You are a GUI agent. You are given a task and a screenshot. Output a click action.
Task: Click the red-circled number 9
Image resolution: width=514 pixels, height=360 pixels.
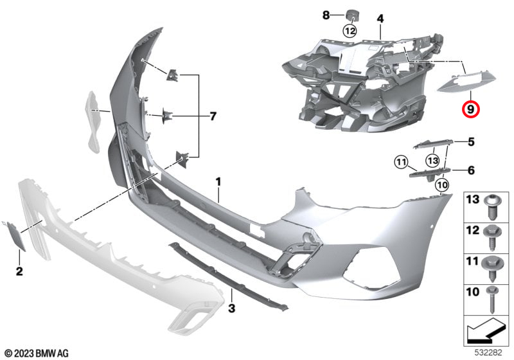470,109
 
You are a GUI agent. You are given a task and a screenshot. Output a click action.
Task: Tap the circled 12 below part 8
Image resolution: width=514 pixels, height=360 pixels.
350,31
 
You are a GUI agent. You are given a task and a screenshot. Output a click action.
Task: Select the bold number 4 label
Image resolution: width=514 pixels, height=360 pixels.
380,19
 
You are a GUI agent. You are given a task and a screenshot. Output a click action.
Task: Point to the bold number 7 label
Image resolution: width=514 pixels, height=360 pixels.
213,116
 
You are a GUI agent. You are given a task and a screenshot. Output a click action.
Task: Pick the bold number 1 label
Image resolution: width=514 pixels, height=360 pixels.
218,182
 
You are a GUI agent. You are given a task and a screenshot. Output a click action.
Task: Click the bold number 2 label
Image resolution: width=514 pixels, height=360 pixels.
19,271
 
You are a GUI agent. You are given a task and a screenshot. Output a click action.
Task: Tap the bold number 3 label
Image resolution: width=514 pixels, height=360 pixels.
232,308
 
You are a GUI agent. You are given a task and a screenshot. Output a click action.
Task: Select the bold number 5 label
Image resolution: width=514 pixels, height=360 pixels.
471,142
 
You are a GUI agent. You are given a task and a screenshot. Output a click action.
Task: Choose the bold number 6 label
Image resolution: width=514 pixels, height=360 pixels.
471,170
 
